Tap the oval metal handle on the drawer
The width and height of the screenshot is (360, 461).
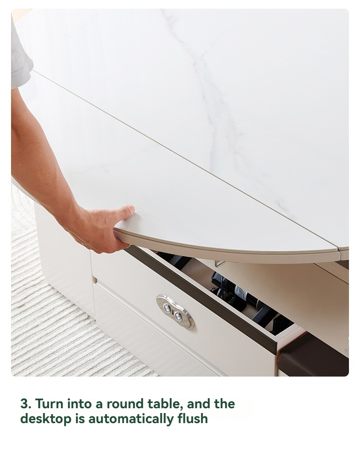pyautogui.click(x=175, y=311)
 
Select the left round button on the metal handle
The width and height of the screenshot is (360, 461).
pyautogui.click(x=168, y=307)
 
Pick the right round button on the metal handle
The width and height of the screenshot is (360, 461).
pyautogui.click(x=178, y=316)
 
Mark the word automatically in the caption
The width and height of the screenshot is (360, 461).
pyautogui.click(x=131, y=419)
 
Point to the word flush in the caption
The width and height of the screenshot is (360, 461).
pyautogui.click(x=192, y=418)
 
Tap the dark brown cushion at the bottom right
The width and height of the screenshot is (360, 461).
pyautogui.click(x=314, y=356)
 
